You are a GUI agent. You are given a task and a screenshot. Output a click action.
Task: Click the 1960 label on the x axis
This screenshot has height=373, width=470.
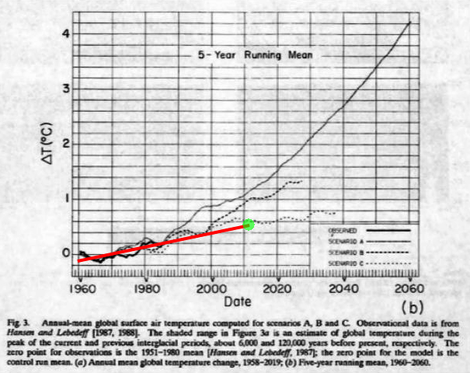(80, 286)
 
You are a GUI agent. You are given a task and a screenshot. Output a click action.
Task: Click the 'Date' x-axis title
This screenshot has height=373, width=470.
(238, 301)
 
